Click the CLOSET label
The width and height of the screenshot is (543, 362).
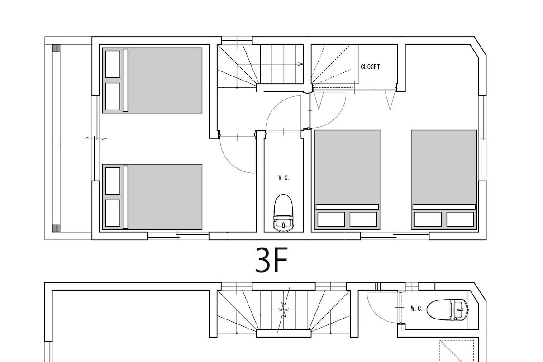tap(370, 67)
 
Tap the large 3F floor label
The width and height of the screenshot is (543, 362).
tap(271, 260)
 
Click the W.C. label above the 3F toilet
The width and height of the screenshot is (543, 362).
tap(283, 178)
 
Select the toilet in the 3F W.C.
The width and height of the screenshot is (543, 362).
tap(283, 213)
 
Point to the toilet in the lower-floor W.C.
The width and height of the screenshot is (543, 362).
tap(447, 310)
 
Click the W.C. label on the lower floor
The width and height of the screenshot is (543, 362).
tap(416, 309)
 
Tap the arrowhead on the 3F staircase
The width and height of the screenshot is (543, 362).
tap(301, 64)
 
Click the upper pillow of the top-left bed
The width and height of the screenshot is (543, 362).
tap(113, 64)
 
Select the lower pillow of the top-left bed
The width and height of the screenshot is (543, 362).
tap(113, 96)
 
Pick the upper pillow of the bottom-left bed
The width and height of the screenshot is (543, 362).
tap(113, 181)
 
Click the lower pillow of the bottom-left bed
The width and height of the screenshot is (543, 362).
tap(113, 213)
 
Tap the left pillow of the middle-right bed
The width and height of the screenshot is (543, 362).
tap(331, 219)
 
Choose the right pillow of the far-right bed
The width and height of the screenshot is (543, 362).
tap(460, 219)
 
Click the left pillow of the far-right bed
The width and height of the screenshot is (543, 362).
tap(428, 219)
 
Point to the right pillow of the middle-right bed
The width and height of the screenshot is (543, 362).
tap(363, 219)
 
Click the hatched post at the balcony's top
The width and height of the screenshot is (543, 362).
tap(56, 48)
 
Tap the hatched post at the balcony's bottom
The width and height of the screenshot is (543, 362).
tap(56, 229)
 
